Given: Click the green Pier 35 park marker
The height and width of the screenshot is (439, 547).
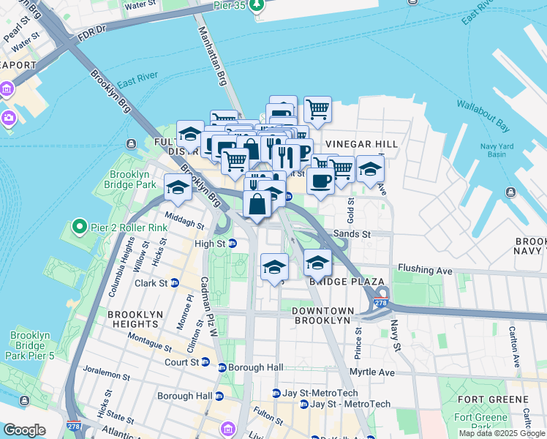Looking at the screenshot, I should click(x=256, y=7).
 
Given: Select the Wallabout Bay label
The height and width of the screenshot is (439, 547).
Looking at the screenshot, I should click(x=483, y=115).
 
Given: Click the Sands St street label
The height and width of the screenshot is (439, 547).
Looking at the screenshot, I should click(x=352, y=234).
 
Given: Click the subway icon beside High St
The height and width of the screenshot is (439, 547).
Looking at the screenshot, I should click(x=232, y=243).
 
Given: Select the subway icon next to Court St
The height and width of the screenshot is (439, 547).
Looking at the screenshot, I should click(x=205, y=362).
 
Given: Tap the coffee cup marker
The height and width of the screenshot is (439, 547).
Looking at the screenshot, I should click(x=320, y=181).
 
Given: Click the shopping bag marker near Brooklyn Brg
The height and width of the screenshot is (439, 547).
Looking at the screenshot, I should click(x=257, y=204).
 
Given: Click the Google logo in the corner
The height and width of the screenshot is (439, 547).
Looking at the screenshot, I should click(x=24, y=430).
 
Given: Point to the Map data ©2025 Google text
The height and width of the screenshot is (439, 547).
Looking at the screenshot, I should click(x=502, y=433).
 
